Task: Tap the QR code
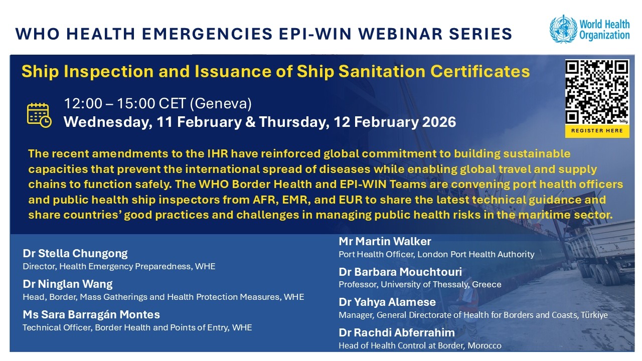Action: pyautogui.click(x=597, y=92)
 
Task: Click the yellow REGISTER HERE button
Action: pyautogui.click(x=597, y=130)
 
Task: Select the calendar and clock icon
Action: pyautogui.click(x=39, y=114)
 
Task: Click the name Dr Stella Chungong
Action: pyautogui.click(x=75, y=253)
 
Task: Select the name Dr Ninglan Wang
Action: pyautogui.click(x=68, y=284)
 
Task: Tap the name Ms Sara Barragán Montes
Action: pyautogui.click(x=91, y=315)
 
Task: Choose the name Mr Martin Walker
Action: pyautogui.click(x=385, y=241)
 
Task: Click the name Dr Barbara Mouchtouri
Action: pyautogui.click(x=400, y=272)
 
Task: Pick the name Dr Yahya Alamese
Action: pyautogui.click(x=387, y=302)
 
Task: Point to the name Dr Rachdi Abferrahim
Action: pyautogui.click(x=397, y=332)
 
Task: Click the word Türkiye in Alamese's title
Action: pyautogui.click(x=593, y=315)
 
